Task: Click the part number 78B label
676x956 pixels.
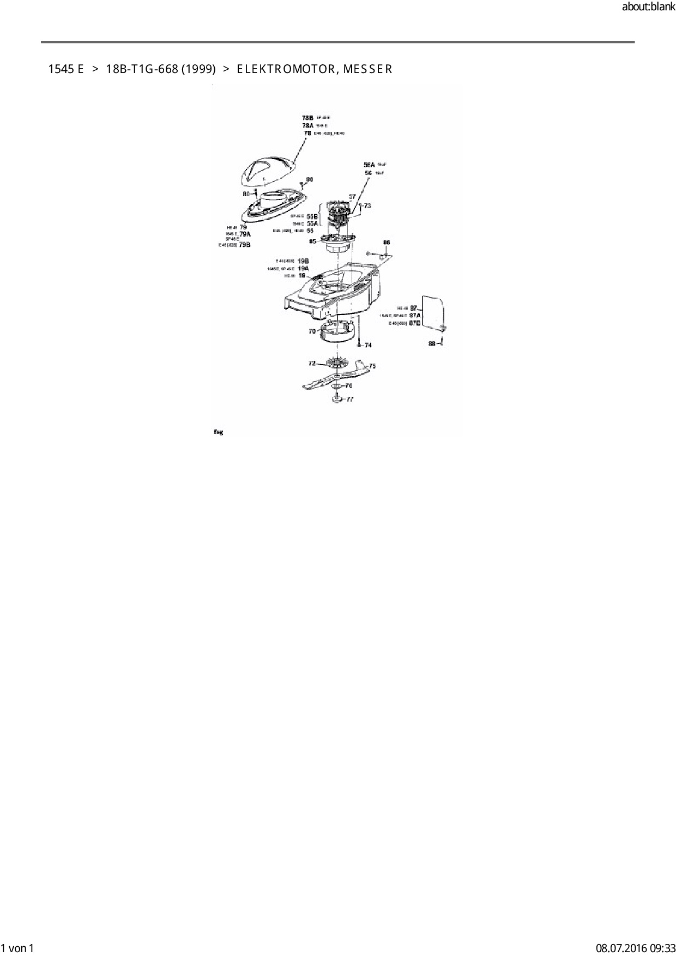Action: pyautogui.click(x=307, y=118)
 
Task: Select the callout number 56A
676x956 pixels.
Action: pyautogui.click(x=369, y=165)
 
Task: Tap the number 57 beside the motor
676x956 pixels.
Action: pyautogui.click(x=352, y=197)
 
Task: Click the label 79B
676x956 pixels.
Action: pyautogui.click(x=245, y=245)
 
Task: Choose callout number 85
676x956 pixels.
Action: pyautogui.click(x=312, y=241)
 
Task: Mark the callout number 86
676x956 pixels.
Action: pyautogui.click(x=387, y=242)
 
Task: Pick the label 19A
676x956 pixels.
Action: pyautogui.click(x=303, y=268)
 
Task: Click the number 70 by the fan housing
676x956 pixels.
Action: pyautogui.click(x=312, y=331)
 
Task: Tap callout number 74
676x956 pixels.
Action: pyautogui.click(x=368, y=345)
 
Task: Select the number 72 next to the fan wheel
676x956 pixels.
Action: pyautogui.click(x=312, y=362)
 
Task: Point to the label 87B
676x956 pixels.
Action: pyautogui.click(x=415, y=323)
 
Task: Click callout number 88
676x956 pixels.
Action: pyautogui.click(x=432, y=343)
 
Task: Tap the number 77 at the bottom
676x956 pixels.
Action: pyautogui.click(x=349, y=399)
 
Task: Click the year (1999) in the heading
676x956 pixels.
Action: pyautogui.click(x=198, y=69)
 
